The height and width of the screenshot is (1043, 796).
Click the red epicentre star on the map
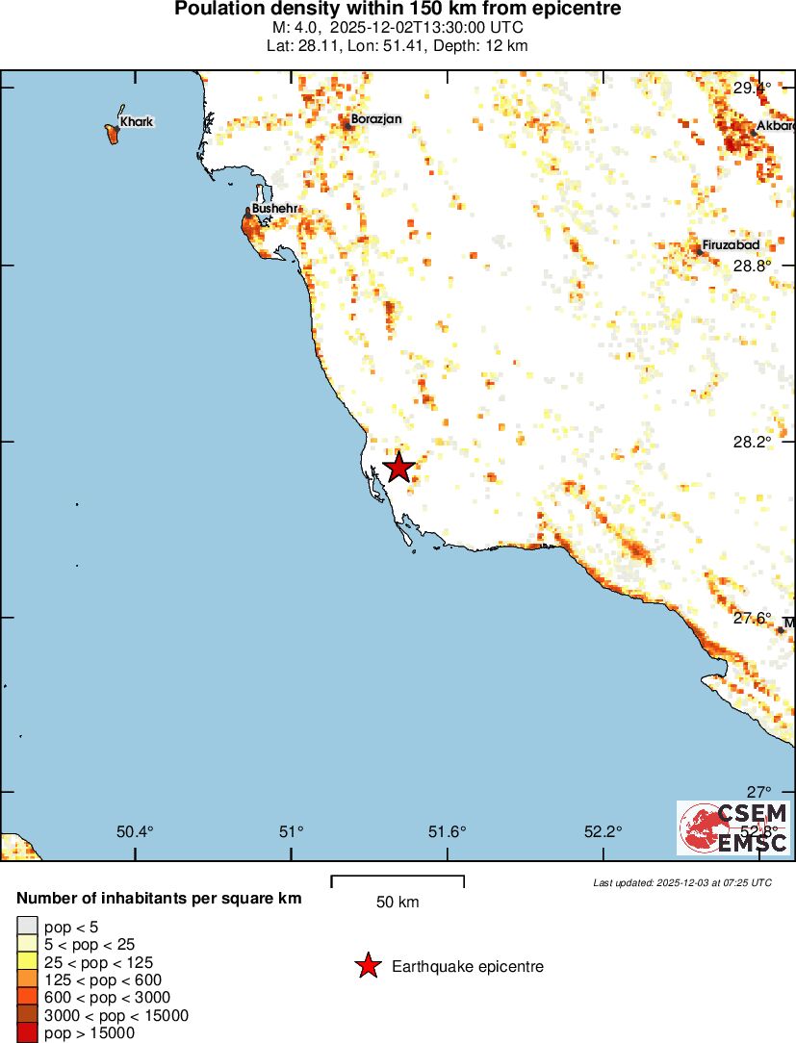point(398,468)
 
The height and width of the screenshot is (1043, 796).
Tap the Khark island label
point(137,122)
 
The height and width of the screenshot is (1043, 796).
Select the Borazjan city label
point(376,119)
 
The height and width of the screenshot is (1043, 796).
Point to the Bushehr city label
point(273,208)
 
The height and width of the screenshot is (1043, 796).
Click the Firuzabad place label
point(731,245)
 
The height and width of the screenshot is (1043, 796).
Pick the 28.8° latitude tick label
point(752,266)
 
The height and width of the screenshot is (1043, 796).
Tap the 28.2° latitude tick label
point(752,443)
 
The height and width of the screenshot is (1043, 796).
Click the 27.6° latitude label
point(752,618)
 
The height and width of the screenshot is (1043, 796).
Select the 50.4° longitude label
point(135,831)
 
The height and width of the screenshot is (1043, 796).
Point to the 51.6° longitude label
point(448,831)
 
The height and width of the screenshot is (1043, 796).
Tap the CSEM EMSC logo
point(733,827)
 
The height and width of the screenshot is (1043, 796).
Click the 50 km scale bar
point(398,881)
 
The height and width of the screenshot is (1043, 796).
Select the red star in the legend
point(367,966)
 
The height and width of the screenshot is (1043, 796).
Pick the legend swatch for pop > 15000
point(27,1032)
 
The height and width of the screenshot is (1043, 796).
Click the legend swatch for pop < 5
point(27,928)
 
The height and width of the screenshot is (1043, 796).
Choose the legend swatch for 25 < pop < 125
point(27,962)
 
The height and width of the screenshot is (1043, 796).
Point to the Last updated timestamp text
point(682,882)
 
